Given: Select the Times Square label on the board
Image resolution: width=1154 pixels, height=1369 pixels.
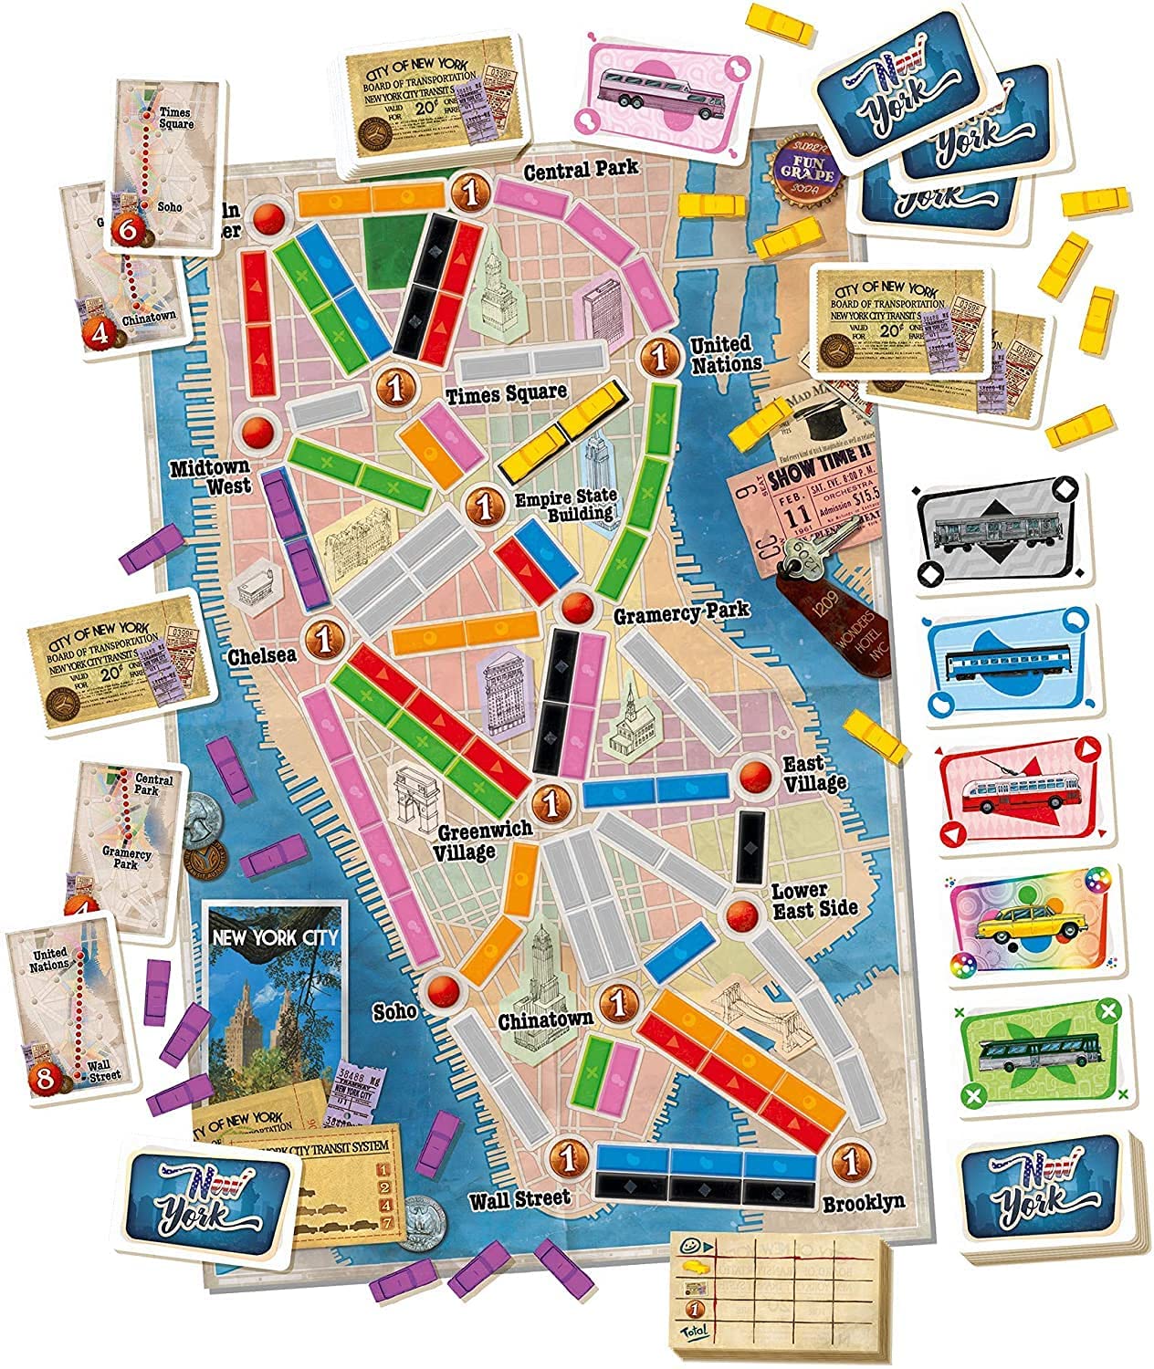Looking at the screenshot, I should pos(506,393).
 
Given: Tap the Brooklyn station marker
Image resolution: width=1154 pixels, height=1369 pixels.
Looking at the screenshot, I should pos(850,1163).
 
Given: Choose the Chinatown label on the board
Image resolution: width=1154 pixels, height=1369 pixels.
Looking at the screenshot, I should pos(545,1019).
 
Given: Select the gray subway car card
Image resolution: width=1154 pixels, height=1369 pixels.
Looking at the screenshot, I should pos(1001,535).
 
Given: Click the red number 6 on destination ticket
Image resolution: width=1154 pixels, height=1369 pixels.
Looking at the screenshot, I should pos(128,233).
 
